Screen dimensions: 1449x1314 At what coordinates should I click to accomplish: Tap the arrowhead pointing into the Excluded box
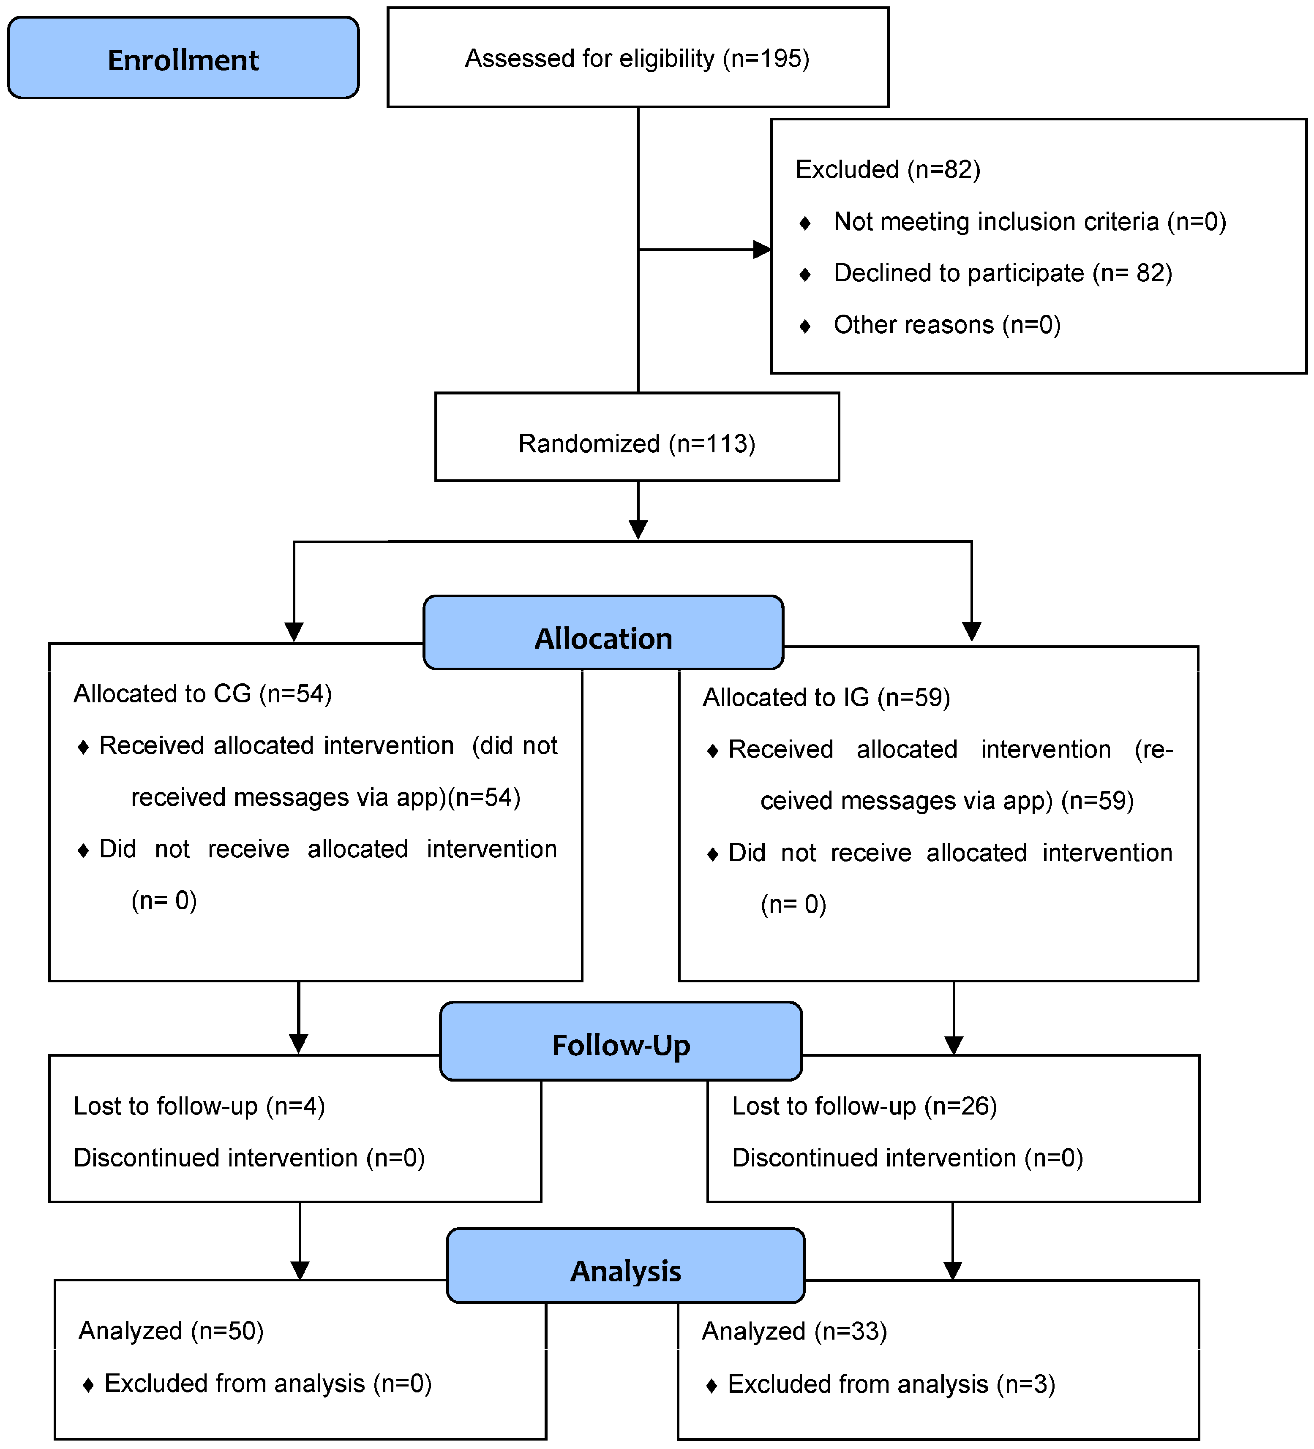pyautogui.click(x=762, y=250)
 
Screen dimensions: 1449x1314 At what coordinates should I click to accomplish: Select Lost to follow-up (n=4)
pyautogui.click(x=199, y=1106)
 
